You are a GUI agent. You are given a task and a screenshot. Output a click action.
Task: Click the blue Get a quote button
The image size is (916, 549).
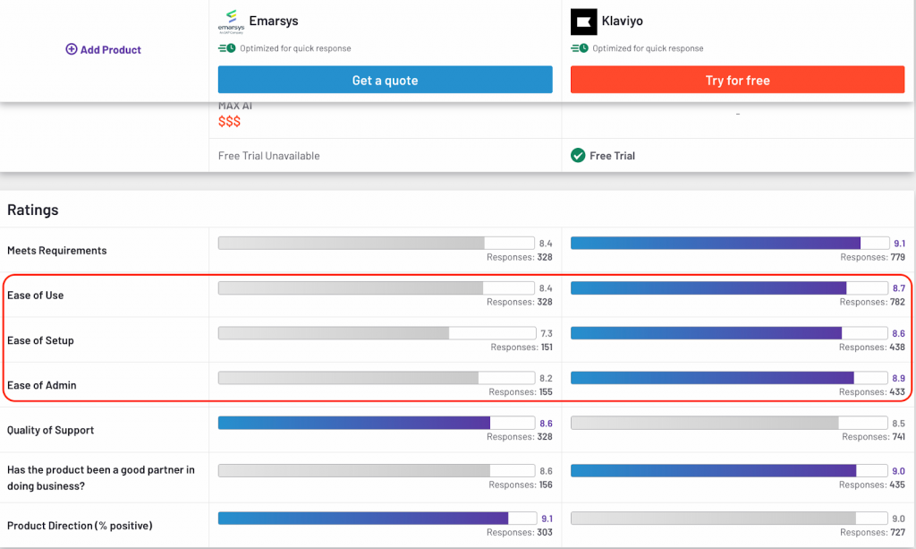385,81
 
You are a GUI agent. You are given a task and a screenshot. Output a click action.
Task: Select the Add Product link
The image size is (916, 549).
104,50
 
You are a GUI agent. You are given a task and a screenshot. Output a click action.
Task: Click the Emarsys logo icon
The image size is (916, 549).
231,21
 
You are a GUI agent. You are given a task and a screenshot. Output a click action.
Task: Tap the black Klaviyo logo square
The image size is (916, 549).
584,21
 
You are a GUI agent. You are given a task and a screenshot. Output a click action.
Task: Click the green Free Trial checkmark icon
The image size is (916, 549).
578,156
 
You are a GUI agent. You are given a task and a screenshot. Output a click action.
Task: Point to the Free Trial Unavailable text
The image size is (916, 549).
268,156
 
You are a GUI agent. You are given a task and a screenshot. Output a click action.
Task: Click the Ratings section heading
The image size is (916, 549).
33,210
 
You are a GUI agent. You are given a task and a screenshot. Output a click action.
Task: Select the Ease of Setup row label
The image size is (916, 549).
40,340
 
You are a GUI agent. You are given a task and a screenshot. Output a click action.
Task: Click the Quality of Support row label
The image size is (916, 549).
50,430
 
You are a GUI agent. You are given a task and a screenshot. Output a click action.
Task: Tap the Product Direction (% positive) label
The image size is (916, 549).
80,525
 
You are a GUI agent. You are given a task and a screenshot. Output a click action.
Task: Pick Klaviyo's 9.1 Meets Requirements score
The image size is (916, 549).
899,243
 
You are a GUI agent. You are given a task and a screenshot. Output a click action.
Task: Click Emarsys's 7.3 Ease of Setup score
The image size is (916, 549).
545,333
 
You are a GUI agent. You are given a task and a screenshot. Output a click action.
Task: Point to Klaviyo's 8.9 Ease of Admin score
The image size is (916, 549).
898,378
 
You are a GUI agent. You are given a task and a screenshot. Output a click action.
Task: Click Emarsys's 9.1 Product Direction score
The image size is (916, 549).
546,519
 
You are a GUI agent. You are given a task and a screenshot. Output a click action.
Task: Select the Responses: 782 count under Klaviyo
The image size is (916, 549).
872,302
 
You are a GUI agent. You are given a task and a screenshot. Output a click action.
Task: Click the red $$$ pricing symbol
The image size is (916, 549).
229,121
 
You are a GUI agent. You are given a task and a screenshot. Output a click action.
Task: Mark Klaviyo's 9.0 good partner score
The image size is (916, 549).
898,471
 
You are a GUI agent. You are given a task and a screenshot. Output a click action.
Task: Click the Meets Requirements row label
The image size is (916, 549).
56,251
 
